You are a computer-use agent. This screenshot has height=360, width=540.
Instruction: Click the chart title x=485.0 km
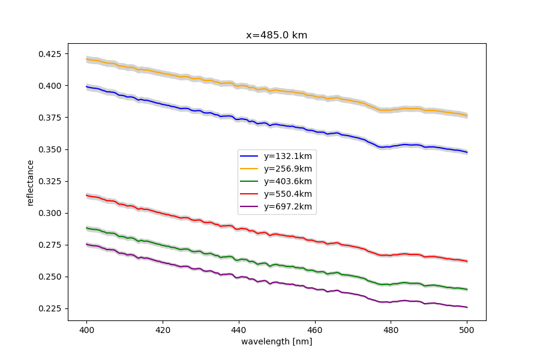277,35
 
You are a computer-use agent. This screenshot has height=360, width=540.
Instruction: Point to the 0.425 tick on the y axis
50,54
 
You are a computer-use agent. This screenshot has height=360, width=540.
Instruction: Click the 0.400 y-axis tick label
50,86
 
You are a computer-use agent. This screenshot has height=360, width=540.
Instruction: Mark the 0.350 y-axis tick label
50,149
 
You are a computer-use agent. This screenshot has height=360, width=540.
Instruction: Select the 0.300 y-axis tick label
50,213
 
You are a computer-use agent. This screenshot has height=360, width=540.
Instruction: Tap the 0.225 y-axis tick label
50,308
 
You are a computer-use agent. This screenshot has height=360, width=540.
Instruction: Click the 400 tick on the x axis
86,329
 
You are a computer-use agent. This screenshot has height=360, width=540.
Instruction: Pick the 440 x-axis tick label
239,329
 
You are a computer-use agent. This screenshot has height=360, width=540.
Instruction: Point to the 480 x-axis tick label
391,329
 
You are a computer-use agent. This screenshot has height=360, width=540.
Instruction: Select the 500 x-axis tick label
467,329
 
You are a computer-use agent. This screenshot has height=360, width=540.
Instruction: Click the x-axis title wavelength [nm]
277,341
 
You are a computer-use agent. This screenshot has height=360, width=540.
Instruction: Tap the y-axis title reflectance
31,182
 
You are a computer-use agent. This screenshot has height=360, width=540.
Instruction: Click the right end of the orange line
467,115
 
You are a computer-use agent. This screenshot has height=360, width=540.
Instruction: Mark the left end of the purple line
86,244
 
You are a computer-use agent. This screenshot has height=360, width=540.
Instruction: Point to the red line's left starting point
86,195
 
